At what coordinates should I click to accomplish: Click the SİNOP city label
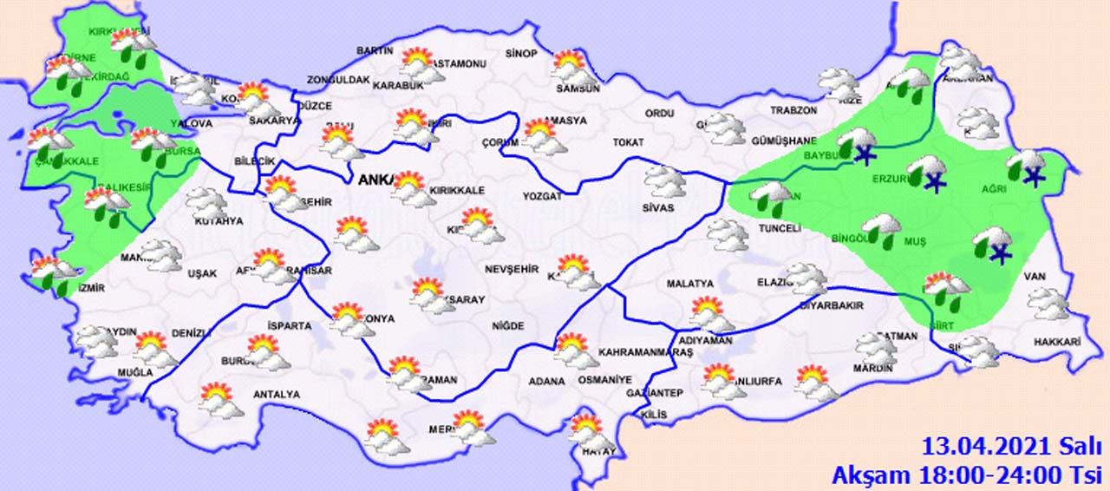coord(521,54)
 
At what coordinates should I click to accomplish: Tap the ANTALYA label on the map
coord(276,395)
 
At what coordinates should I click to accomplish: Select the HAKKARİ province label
coord(1057,343)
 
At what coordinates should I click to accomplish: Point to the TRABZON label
coord(793,111)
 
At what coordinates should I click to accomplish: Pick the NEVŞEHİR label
coord(512,268)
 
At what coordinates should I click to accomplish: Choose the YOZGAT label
coord(542,197)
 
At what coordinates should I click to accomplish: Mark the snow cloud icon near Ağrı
coord(1027,167)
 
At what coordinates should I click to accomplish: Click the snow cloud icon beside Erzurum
coord(928,172)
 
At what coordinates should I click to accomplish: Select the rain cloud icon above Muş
coord(882,230)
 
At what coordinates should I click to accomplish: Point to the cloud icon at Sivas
coord(666,181)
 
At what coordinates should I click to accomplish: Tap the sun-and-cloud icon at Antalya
coord(219,401)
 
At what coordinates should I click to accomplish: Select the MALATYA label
coord(689,284)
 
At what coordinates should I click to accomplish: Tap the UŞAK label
coord(202,274)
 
